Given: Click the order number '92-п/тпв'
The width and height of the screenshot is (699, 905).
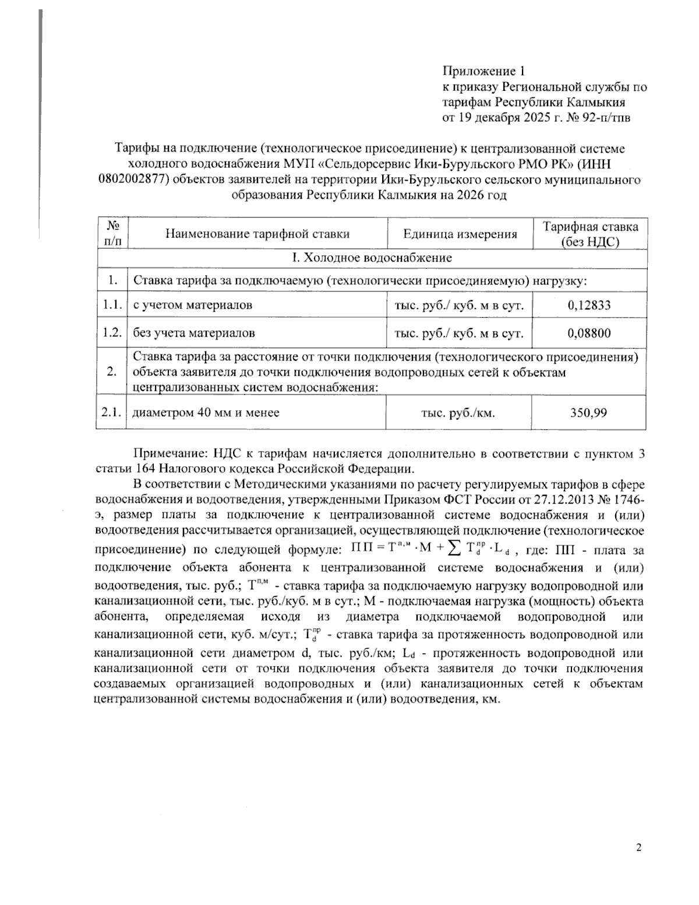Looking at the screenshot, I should click(606, 118).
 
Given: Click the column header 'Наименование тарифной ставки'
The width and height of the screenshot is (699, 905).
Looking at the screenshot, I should click(257, 234).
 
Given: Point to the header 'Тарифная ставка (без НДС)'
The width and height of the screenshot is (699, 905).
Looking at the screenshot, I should click(590, 234).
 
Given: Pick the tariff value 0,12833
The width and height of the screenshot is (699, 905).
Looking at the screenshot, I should click(589, 305).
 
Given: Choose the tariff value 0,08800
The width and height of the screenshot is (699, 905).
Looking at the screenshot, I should click(589, 333).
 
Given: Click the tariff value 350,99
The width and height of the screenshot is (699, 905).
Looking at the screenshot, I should click(589, 413).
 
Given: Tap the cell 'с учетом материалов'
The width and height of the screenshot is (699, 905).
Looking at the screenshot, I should click(193, 305).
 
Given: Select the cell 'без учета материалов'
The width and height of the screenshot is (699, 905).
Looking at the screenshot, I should click(194, 333).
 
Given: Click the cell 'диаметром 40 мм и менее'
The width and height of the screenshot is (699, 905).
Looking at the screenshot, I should click(206, 413).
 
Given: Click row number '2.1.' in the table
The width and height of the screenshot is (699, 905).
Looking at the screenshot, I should click(111, 413).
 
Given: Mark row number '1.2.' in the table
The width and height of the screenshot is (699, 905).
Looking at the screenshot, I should click(111, 333).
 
